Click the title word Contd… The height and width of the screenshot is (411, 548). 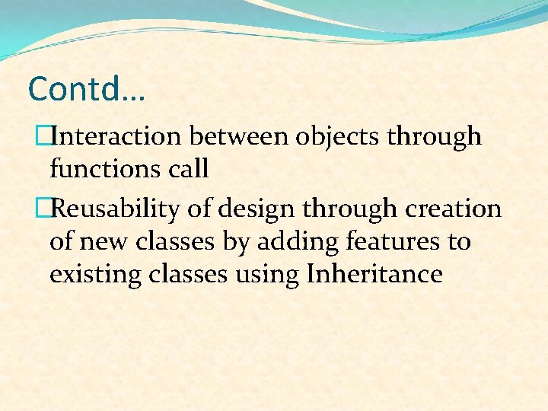(x=86, y=89)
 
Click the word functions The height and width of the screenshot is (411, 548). (x=98, y=169)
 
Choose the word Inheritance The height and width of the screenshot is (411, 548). (x=374, y=274)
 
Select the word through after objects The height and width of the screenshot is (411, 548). (x=435, y=138)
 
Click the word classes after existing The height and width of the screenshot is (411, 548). (x=184, y=274)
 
